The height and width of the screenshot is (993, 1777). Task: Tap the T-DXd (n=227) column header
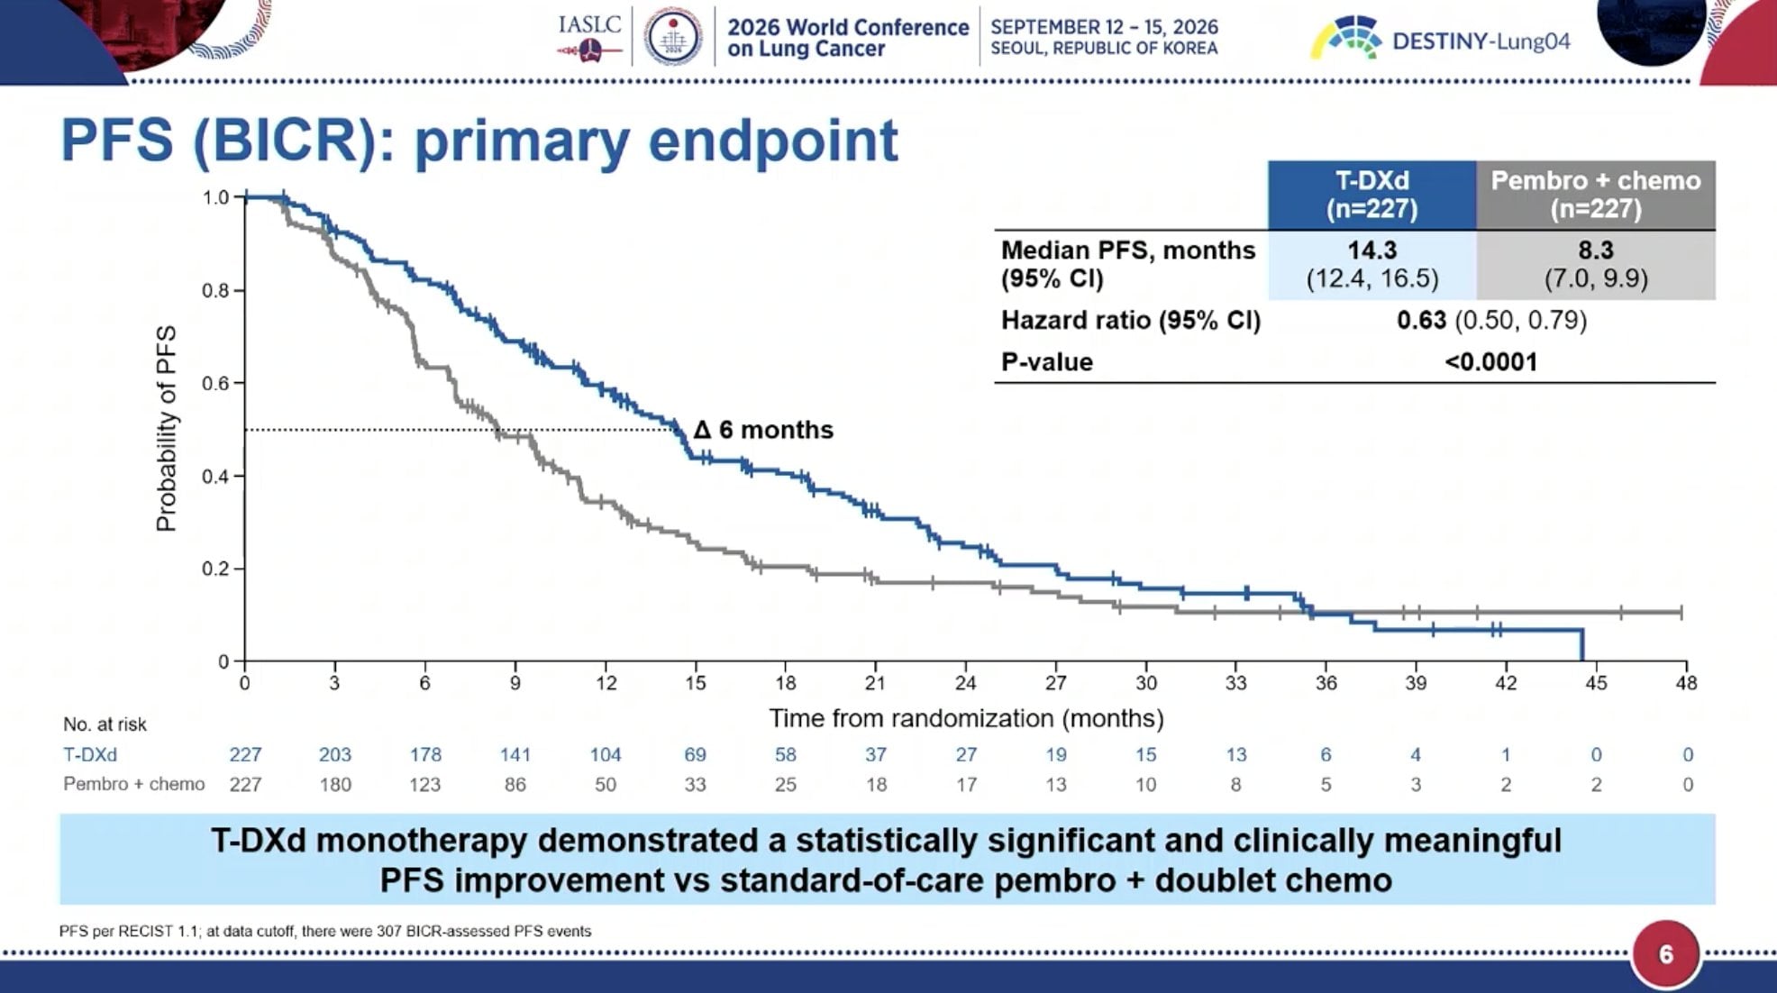click(x=1371, y=195)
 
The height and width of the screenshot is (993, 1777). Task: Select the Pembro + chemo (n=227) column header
click(x=1596, y=195)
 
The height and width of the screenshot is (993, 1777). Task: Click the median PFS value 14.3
click(x=1371, y=250)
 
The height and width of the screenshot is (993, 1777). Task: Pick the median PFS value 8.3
click(x=1596, y=250)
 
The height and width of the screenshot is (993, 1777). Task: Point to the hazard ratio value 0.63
click(x=1421, y=320)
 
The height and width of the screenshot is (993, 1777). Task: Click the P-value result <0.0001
click(x=1490, y=362)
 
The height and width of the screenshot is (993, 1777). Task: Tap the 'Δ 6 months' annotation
click(x=763, y=430)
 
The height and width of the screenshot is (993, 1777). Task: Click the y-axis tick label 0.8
click(x=215, y=290)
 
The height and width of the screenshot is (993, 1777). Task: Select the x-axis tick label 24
click(x=965, y=683)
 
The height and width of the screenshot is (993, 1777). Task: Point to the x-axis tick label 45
click(x=1596, y=683)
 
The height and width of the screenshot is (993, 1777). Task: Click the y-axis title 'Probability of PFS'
click(x=166, y=429)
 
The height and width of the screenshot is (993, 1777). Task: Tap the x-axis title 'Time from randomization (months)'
click(x=966, y=718)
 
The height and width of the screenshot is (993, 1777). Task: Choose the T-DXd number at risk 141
click(x=515, y=754)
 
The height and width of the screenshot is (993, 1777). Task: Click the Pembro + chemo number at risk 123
click(x=425, y=785)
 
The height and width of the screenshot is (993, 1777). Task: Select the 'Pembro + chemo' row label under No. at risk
click(x=134, y=784)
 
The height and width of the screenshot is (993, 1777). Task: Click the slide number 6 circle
click(x=1665, y=954)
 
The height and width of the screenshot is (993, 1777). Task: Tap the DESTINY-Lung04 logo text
click(x=1481, y=41)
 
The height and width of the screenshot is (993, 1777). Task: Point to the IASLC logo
click(x=590, y=36)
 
